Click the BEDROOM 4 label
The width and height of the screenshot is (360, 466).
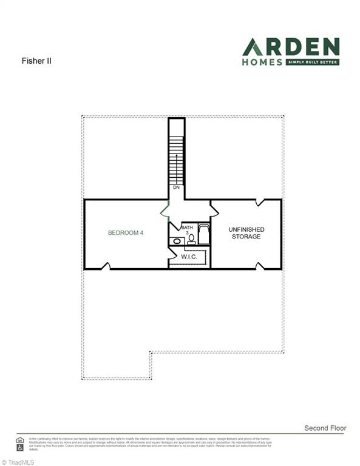click(x=126, y=232)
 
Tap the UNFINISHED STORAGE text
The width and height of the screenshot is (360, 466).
click(x=246, y=232)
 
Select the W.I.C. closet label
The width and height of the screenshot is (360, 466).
click(x=189, y=257)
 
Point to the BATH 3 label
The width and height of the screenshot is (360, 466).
click(x=187, y=230)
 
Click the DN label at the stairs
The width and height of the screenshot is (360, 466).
click(x=176, y=187)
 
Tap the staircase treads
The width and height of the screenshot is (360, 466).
click(x=176, y=158)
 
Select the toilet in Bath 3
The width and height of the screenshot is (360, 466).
click(x=191, y=240)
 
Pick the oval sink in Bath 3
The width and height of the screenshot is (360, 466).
click(x=177, y=241)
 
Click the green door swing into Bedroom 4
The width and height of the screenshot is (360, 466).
click(x=163, y=211)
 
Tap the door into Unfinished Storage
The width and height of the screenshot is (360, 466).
click(x=214, y=210)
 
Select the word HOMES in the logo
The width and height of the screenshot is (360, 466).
click(x=262, y=61)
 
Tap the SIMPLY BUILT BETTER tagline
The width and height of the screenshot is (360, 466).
click(x=311, y=62)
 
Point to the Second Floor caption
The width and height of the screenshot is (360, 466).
click(x=325, y=428)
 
